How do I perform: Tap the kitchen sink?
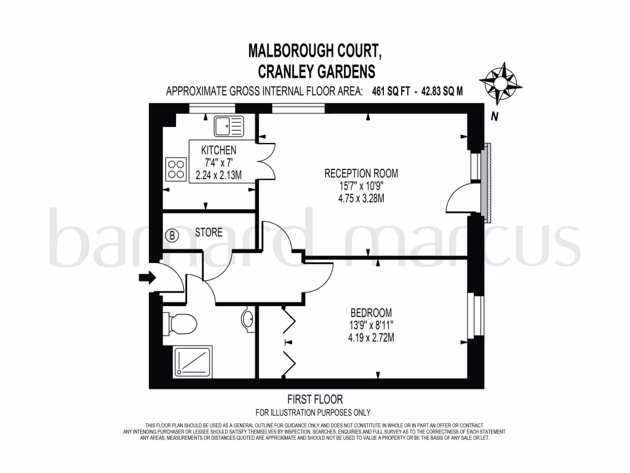point(228,127)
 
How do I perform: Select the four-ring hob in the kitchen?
point(175,168)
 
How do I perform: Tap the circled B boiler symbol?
point(172,235)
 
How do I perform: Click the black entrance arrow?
point(147,278)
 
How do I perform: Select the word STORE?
point(209,233)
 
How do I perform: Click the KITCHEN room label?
point(218,150)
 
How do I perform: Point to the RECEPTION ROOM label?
point(361,174)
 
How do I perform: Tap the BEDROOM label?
point(371,312)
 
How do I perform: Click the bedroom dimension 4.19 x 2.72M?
point(370,338)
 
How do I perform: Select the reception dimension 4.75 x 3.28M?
point(361,198)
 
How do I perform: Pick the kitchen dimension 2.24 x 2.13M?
point(218,175)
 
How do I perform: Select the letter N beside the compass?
point(494,115)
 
